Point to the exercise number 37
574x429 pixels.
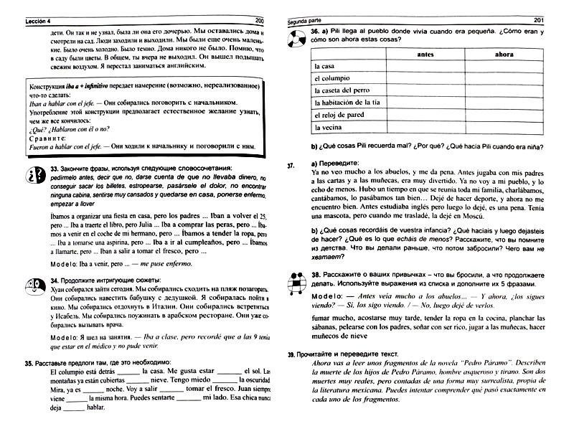[291, 164]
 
